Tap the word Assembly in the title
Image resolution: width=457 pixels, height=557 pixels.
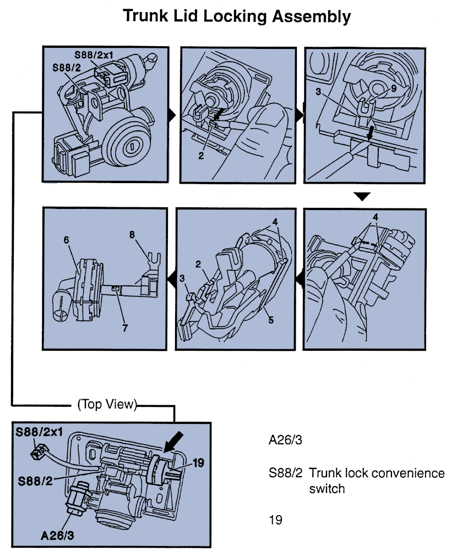312,16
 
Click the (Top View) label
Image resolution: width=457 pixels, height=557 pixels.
107,405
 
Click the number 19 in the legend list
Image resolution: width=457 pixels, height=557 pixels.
275,519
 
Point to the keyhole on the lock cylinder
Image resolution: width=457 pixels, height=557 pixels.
132,147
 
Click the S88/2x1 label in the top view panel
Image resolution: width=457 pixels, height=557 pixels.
38,431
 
